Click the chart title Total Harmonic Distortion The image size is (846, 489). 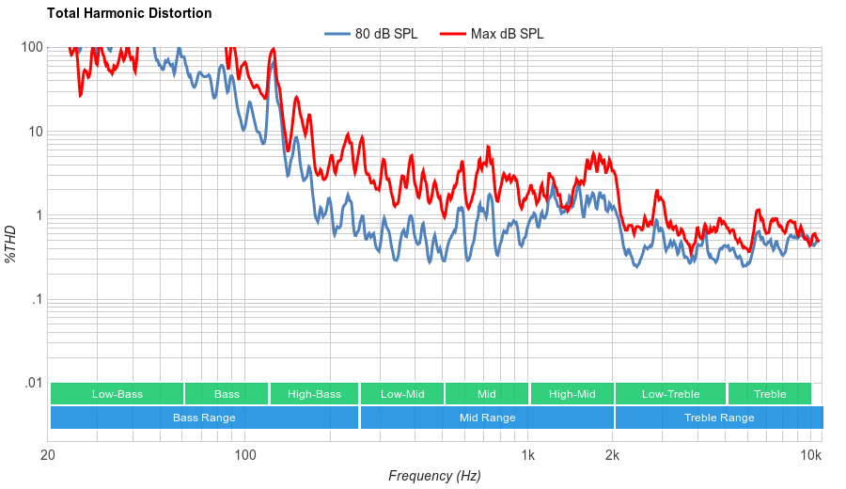129,13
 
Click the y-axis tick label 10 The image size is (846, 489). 36,132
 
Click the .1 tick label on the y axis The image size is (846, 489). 37,299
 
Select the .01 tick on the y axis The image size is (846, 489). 33,383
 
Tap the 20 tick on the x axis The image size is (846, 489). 48,456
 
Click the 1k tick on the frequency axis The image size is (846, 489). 528,456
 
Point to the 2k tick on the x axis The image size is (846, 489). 613,456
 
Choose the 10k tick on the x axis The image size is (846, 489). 810,456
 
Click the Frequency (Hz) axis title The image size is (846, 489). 434,476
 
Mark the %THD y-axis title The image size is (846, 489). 11,244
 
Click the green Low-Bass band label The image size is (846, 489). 117,394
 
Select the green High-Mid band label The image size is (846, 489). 572,394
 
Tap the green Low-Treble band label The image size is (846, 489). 670,394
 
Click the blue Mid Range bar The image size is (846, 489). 487,418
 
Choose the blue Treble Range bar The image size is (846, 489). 719,418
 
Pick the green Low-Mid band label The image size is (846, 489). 402,394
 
